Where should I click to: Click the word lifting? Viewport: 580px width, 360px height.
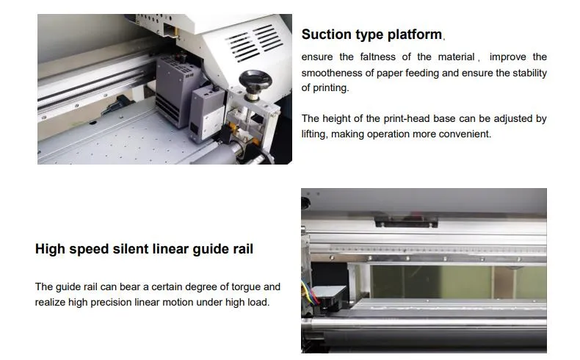[316, 134]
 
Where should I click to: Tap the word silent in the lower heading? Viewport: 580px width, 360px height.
[130, 249]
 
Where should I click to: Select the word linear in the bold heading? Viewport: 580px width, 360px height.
[170, 249]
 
